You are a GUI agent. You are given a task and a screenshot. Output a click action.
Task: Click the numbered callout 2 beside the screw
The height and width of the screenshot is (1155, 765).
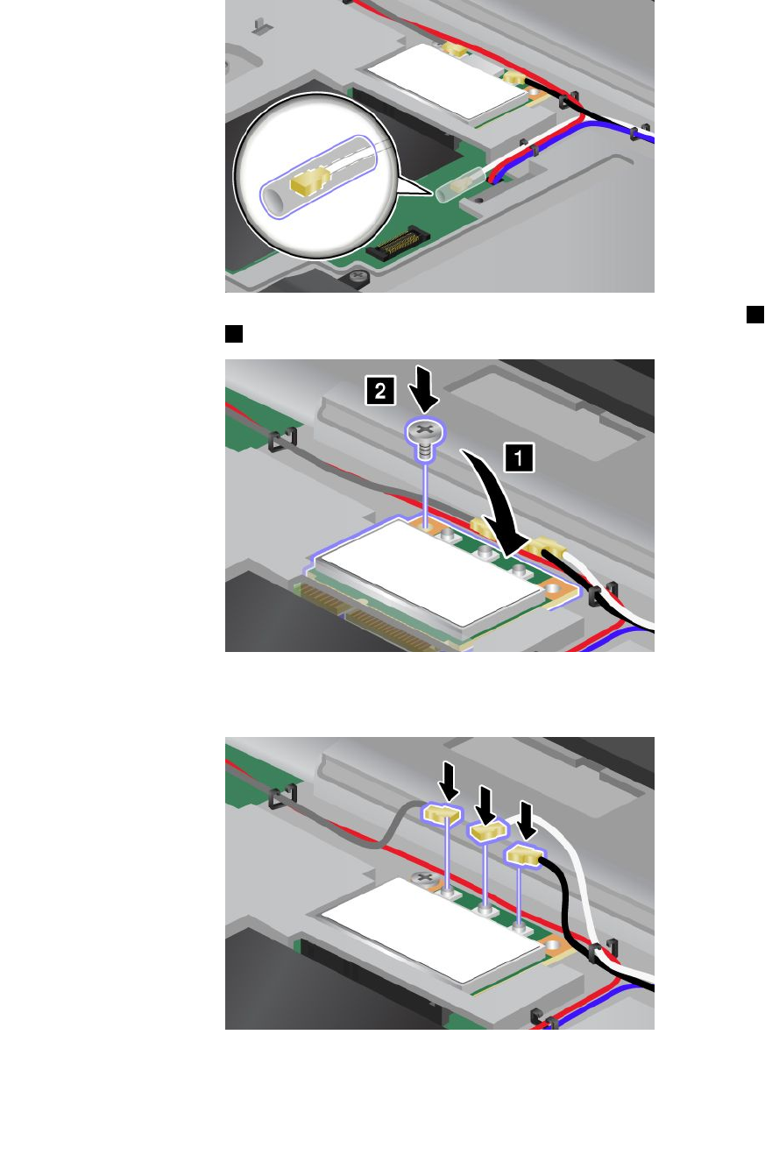coord(379,392)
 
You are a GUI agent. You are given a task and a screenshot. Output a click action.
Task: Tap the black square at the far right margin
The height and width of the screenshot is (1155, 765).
coord(756,315)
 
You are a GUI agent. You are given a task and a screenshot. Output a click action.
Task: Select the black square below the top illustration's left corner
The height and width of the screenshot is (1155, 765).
coord(233,333)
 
